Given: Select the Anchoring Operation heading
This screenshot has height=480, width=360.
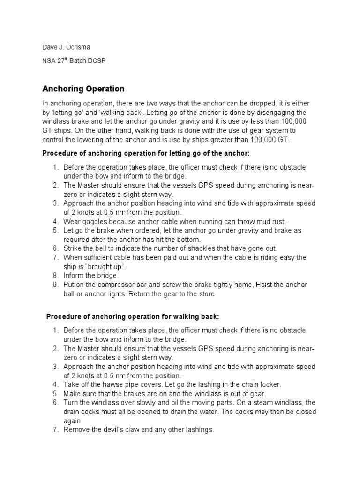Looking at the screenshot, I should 83,89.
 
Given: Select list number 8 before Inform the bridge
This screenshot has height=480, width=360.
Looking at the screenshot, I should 55,276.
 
